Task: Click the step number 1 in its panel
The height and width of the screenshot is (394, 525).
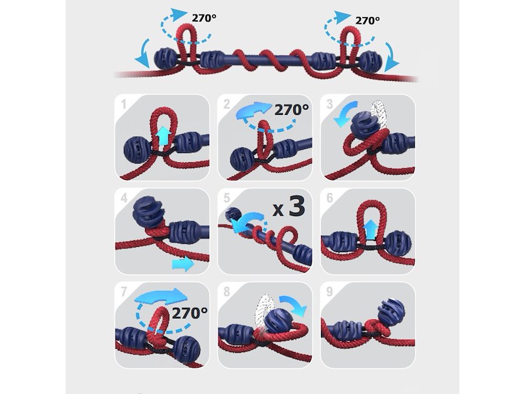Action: point(123,104)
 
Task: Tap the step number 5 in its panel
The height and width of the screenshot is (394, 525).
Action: point(226,198)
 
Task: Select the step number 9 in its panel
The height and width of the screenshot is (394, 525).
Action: point(329,292)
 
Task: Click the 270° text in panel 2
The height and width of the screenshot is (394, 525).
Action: point(291,110)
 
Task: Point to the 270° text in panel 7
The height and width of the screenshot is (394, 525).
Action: point(190,313)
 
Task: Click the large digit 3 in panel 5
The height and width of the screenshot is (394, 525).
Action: point(297,206)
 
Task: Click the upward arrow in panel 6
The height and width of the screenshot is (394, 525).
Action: point(369,229)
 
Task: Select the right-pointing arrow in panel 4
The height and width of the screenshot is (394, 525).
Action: point(183,264)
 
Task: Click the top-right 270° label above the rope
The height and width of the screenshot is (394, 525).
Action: point(367,20)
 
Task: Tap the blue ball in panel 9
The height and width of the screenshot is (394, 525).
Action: point(390,310)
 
